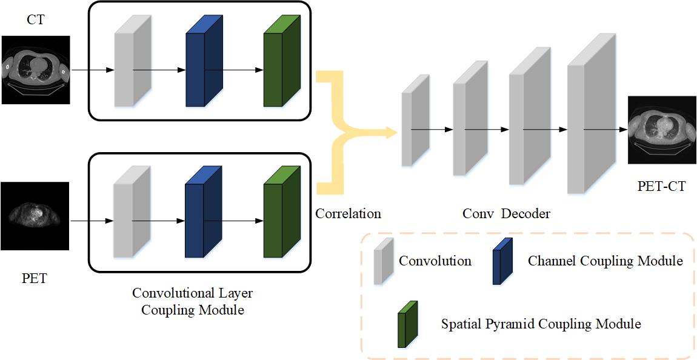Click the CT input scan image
[x=36, y=70]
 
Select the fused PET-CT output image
[x=662, y=130]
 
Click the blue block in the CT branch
[x=204, y=61]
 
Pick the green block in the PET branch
[x=282, y=212]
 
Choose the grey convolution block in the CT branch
[x=133, y=61]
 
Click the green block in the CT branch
[x=282, y=61]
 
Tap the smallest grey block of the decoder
[x=416, y=121]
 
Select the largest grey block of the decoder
[x=592, y=113]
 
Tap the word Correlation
[x=348, y=214]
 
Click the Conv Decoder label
[x=506, y=214]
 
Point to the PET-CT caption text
[x=662, y=187]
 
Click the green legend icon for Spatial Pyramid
[x=408, y=324]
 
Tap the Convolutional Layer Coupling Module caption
[x=193, y=302]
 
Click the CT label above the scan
[x=36, y=21]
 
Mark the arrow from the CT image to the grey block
[x=93, y=70]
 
